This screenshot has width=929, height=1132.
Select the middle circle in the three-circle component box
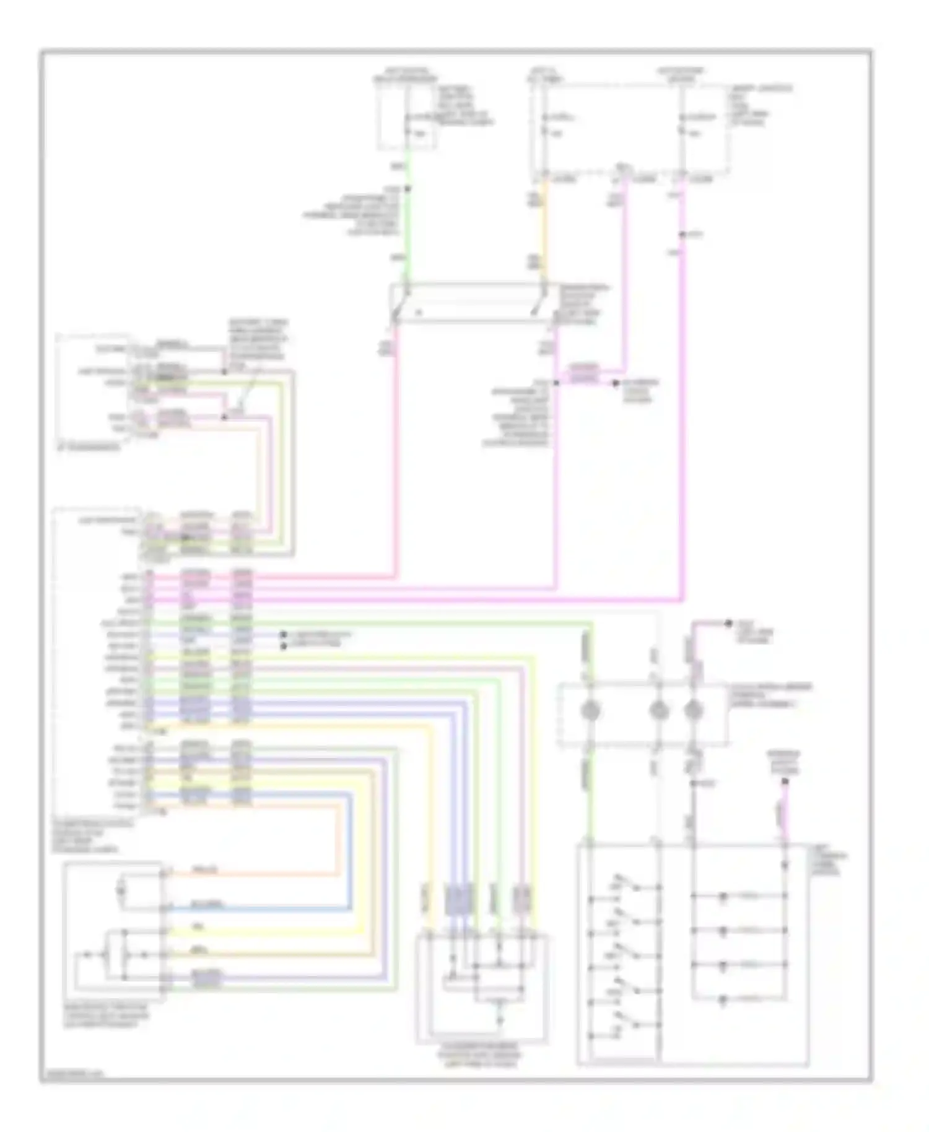tap(658, 711)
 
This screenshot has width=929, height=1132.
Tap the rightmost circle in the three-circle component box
tap(693, 711)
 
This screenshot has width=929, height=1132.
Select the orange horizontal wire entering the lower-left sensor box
tap(248, 874)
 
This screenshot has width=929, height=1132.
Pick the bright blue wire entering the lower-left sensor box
tap(248, 909)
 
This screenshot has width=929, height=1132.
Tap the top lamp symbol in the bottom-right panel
tap(723, 895)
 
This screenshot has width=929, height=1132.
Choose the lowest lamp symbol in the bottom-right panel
tap(723, 999)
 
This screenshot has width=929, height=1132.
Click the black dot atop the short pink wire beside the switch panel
tap(785, 782)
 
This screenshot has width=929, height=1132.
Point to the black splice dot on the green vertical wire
tap(407, 188)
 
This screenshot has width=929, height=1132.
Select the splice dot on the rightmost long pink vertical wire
tap(682, 235)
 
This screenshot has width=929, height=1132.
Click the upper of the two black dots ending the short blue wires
tap(284, 635)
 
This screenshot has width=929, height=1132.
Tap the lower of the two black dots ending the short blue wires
tap(284, 646)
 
